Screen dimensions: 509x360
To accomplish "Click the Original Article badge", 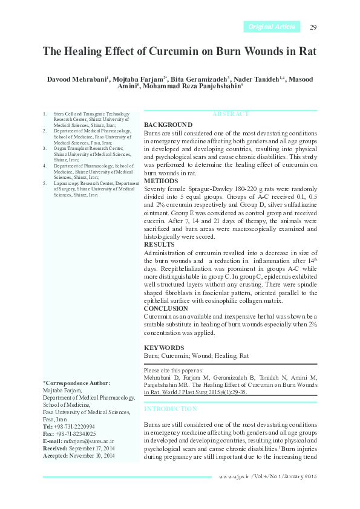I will pos(272,27).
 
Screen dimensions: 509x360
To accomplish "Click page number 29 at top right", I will pos(313,27).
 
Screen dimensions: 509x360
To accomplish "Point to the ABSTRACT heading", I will pos(231,114).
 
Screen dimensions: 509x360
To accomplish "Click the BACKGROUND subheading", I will pos(168,125).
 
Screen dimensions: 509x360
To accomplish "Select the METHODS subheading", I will pos(161,181).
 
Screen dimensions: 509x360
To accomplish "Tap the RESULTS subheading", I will pos(159,244).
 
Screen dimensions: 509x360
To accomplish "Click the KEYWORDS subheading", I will pos(164,348).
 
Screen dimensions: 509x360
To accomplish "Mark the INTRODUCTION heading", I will pos(171,409).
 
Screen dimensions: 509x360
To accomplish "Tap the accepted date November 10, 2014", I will pos(92,455).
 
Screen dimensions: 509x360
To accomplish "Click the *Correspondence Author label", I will pos(76,383).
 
